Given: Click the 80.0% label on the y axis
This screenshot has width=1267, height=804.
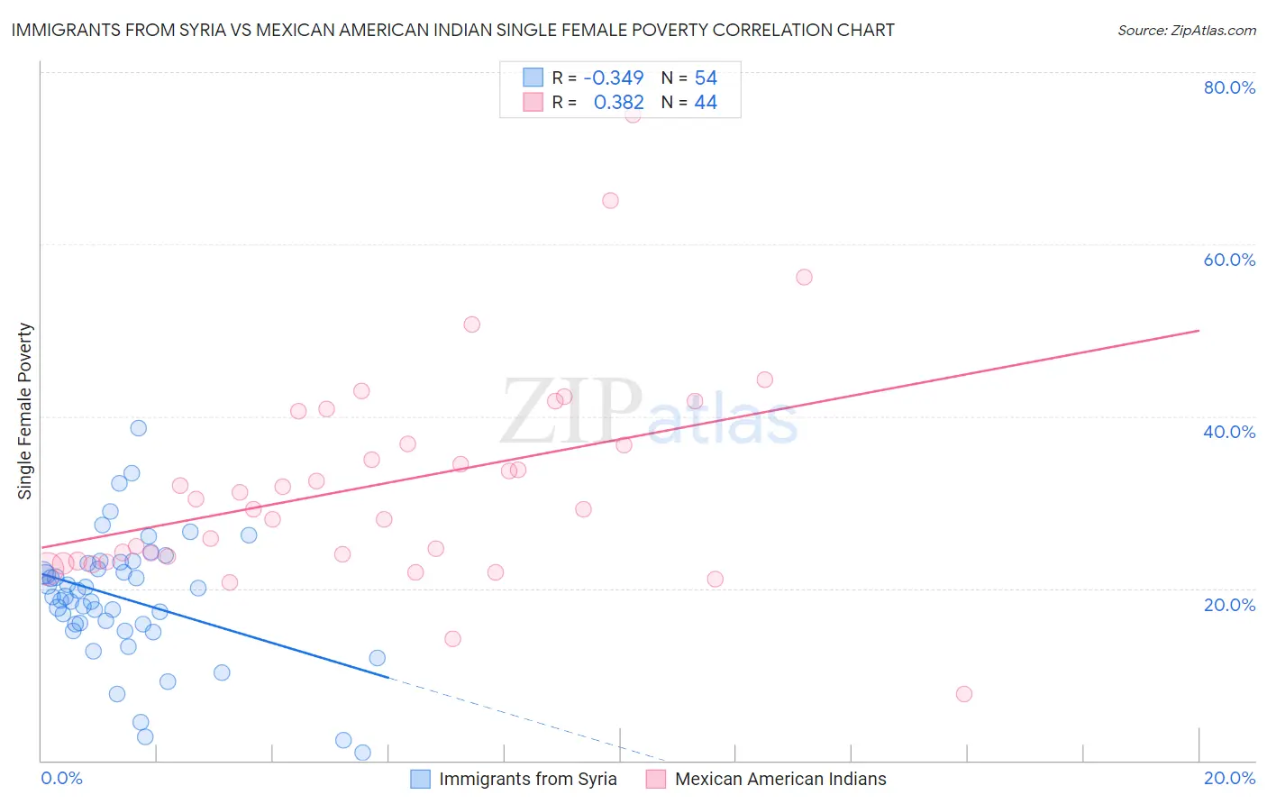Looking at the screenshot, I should [x=1229, y=87].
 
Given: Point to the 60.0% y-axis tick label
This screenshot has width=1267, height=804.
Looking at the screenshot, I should [x=1229, y=260].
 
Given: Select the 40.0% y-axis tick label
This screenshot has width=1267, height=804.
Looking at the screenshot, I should [x=1229, y=432].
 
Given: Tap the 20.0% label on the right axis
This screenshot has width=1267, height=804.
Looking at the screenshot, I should [x=1229, y=605].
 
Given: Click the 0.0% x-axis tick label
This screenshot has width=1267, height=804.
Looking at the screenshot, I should [x=61, y=778].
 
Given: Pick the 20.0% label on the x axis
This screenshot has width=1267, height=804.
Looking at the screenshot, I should [x=1229, y=778].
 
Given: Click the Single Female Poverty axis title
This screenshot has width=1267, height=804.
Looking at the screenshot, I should [x=25, y=411].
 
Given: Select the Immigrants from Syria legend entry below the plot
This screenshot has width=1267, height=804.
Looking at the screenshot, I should [x=527, y=779].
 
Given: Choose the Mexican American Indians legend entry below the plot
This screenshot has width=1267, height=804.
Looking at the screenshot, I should [x=779, y=779].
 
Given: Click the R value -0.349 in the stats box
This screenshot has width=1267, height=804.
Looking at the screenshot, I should [x=614, y=78].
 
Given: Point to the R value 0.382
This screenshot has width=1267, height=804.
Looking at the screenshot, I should [x=618, y=103].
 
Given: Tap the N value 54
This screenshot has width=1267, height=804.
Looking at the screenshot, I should [x=706, y=78].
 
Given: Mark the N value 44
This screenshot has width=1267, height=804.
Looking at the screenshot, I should [x=706, y=103].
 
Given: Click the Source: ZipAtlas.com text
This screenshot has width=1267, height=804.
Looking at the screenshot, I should [x=1186, y=30].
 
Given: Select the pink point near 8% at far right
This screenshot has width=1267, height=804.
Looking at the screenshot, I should [x=964, y=694].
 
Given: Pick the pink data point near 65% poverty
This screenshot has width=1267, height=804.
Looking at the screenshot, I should [x=610, y=201].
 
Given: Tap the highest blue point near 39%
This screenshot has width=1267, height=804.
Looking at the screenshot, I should [x=138, y=428].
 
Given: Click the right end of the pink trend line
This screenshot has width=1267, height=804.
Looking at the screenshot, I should [x=1199, y=331].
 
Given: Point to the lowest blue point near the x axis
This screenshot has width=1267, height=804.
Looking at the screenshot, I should [x=362, y=753].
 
